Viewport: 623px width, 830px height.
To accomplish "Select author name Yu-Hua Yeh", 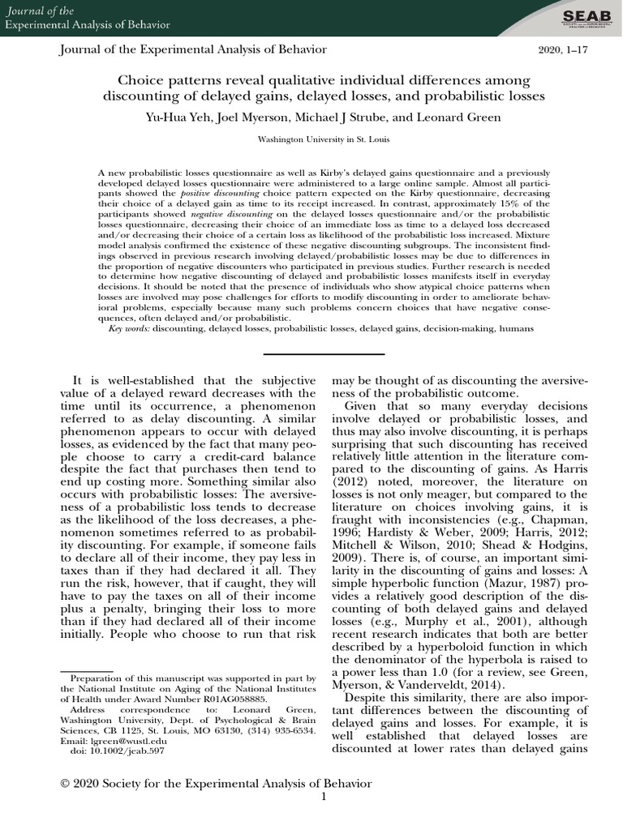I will [175, 116].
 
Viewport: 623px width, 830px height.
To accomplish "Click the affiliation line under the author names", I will [311, 139].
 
